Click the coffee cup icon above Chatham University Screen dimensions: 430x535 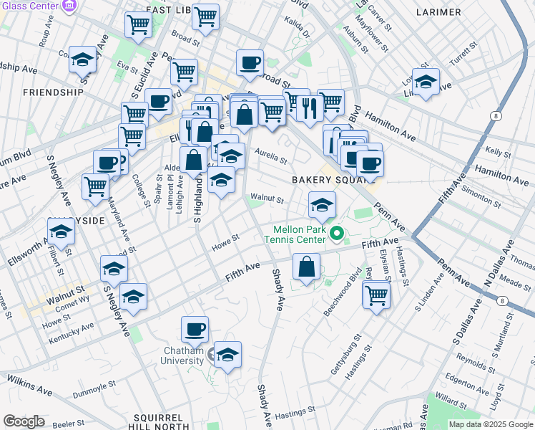(x=195, y=330)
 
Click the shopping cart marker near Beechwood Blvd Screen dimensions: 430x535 (x=376, y=294)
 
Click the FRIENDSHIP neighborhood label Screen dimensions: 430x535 (x=54, y=92)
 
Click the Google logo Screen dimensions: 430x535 (x=24, y=421)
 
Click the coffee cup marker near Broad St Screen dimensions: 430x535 (x=250, y=63)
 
